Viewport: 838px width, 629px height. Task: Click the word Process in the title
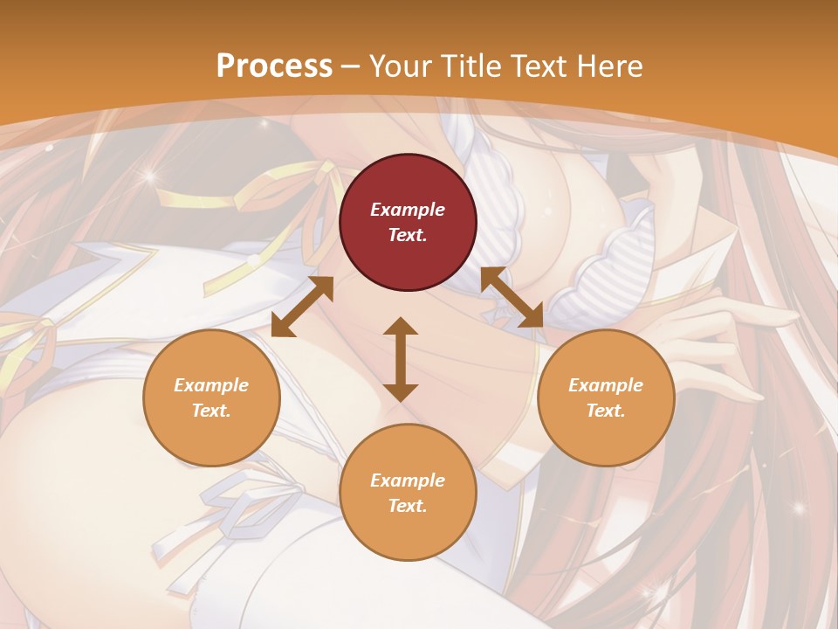pyautogui.click(x=274, y=66)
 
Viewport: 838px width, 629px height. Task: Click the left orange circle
pyautogui.click(x=211, y=397)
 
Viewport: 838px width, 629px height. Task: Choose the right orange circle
pyautogui.click(x=606, y=397)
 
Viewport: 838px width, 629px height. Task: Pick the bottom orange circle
pyautogui.click(x=408, y=492)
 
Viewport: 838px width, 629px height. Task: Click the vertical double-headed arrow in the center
pyautogui.click(x=401, y=359)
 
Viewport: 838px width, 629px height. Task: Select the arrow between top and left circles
pyautogui.click(x=302, y=307)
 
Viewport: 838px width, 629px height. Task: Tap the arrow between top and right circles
pyautogui.click(x=512, y=297)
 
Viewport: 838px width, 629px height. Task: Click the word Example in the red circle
pyautogui.click(x=408, y=210)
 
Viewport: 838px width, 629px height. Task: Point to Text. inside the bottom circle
pyautogui.click(x=408, y=506)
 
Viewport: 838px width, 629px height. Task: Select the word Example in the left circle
pyautogui.click(x=211, y=385)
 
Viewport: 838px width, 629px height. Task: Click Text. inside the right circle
pyautogui.click(x=606, y=411)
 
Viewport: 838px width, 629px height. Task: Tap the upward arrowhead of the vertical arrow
pyautogui.click(x=401, y=327)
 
